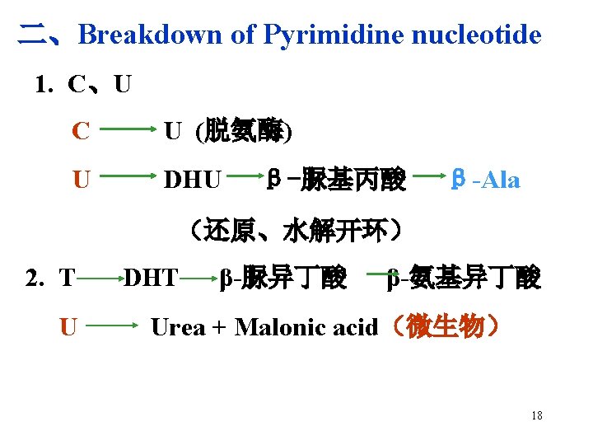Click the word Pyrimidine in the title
tap(334, 35)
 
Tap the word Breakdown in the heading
tap(150, 35)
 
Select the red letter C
tap(80, 130)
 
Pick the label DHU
tap(193, 179)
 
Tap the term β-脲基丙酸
tap(337, 178)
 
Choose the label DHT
tap(150, 279)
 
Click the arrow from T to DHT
tap(99, 279)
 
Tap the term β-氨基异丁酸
tap(465, 279)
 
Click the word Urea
tap(178, 327)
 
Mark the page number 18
tap(536, 415)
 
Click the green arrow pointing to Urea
tap(113, 327)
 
